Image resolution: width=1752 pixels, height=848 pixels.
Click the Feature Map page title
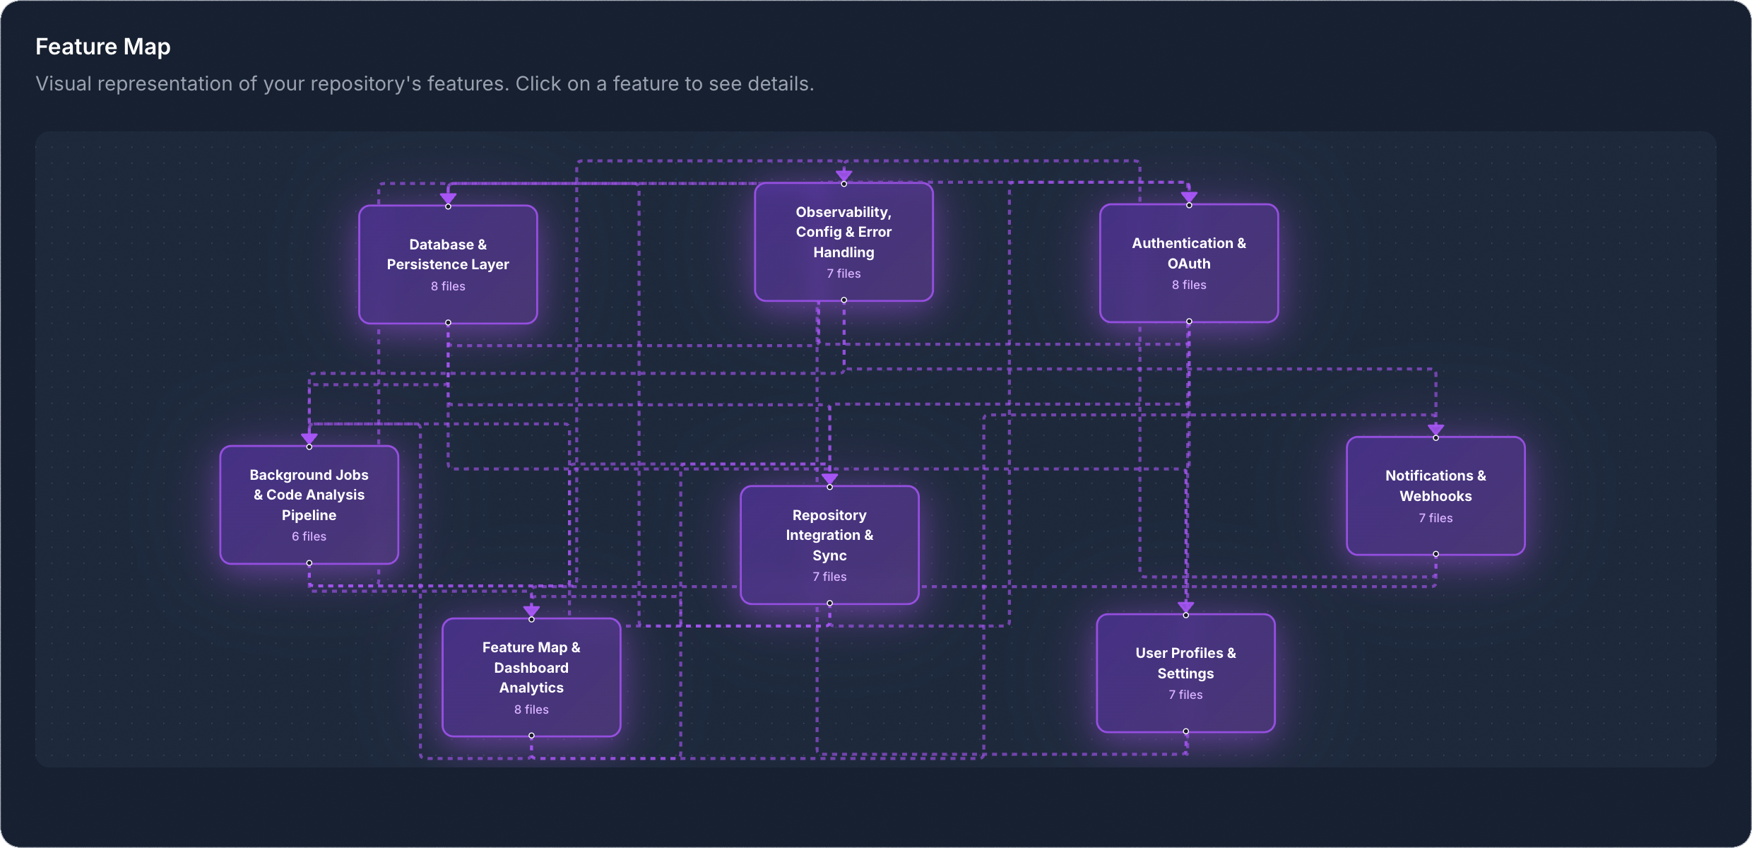click(103, 47)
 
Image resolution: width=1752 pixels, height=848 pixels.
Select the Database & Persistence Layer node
click(448, 264)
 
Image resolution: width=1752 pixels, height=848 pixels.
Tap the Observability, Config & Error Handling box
click(844, 242)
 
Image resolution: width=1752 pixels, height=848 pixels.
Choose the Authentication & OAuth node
click(1188, 263)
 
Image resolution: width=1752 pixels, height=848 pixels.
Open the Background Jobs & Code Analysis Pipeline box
click(309, 505)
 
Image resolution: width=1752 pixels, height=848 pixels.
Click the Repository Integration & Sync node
click(829, 544)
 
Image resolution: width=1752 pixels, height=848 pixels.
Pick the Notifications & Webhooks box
click(1435, 495)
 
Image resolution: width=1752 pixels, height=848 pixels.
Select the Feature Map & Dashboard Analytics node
click(531, 677)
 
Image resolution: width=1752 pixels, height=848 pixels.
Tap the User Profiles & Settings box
click(1185, 673)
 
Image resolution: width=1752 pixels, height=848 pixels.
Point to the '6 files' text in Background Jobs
click(309, 536)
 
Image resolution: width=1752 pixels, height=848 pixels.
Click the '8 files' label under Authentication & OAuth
click(1188, 285)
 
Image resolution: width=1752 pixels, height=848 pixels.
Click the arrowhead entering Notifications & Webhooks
click(1435, 430)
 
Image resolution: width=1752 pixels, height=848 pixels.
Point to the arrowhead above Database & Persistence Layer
click(448, 198)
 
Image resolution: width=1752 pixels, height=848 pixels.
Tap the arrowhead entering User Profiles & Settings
click(1185, 607)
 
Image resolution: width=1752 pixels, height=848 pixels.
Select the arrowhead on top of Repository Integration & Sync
click(829, 478)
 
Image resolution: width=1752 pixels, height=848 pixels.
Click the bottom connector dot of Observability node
click(844, 300)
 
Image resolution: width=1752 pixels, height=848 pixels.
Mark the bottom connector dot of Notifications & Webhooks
click(1435, 554)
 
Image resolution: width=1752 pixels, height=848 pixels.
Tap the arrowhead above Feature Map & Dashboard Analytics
click(531, 611)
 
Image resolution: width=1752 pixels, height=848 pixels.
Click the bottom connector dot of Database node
click(448, 323)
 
